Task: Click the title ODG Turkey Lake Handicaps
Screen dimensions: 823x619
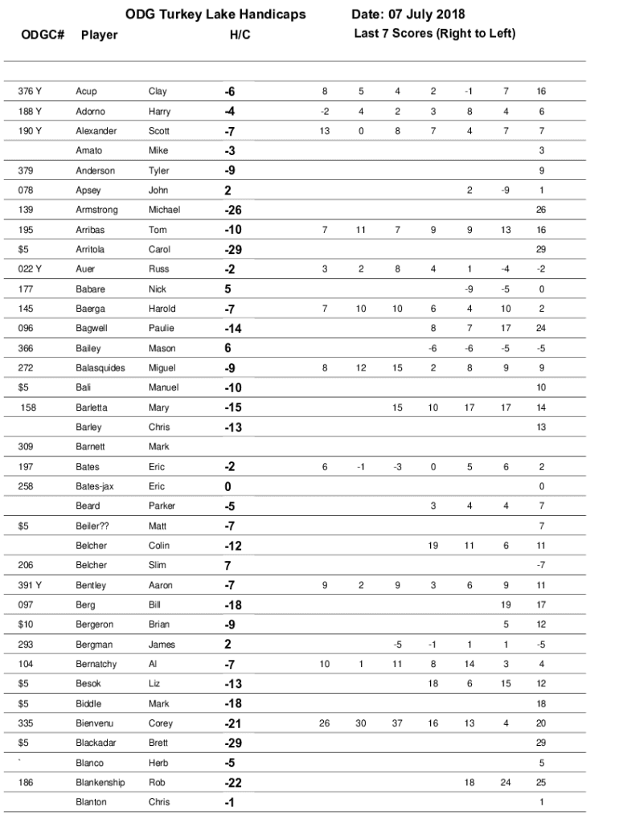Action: (x=215, y=14)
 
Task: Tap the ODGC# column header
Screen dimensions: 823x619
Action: (x=43, y=35)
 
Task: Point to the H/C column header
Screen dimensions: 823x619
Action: (x=240, y=35)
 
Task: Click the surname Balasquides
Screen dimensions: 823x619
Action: (x=100, y=368)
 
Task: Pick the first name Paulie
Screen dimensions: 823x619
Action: (x=161, y=328)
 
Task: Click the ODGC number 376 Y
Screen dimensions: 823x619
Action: (x=30, y=92)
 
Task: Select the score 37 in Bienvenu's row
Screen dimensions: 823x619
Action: (x=397, y=723)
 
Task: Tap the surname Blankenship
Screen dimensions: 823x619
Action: (x=102, y=782)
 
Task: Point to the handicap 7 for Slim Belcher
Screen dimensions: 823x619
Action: (x=228, y=565)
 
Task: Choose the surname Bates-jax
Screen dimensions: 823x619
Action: (x=96, y=486)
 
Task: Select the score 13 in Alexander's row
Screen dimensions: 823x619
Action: (x=325, y=131)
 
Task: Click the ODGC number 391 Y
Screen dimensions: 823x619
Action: (x=30, y=585)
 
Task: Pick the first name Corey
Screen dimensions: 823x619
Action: (x=161, y=723)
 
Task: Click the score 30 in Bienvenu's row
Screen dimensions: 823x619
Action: (x=361, y=723)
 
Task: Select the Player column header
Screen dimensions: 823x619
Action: (x=99, y=35)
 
